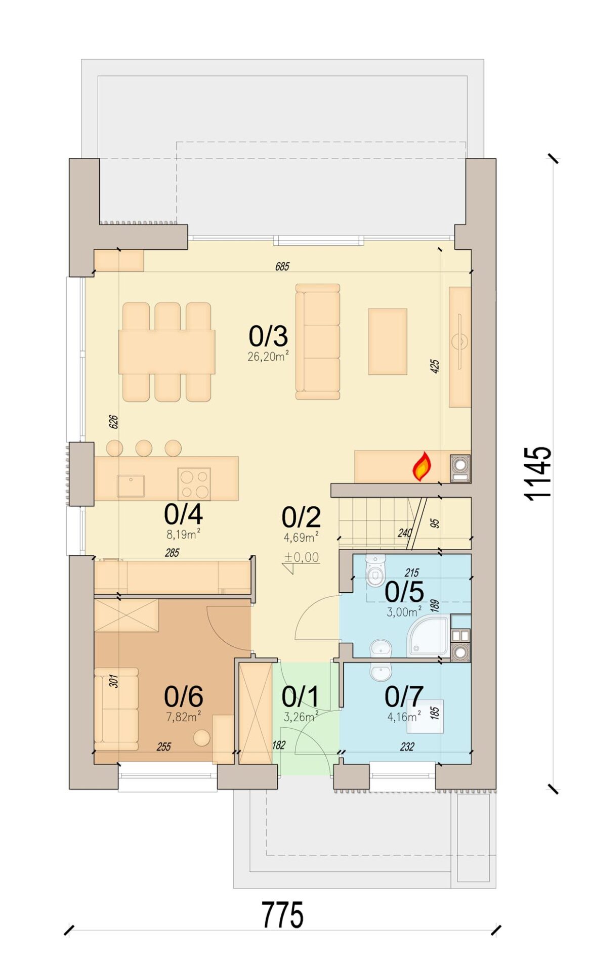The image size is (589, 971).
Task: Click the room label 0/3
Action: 268,336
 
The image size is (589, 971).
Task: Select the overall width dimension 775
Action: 282,915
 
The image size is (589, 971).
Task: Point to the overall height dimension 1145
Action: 537,473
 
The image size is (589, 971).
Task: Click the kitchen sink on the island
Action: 131,486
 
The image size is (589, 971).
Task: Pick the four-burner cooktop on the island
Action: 194,484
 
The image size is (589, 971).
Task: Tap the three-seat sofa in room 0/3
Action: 318,342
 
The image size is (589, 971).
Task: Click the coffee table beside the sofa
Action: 388,342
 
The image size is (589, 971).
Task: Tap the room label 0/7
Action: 404,697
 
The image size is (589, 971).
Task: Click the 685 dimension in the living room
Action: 282,266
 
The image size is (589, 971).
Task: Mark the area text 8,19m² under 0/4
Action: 183,534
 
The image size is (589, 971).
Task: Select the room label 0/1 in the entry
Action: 301,697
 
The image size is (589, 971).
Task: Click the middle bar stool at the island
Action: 144,448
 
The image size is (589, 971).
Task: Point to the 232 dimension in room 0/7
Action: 407,746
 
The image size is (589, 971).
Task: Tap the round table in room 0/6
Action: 202,738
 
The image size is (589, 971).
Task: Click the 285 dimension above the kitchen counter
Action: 172,553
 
